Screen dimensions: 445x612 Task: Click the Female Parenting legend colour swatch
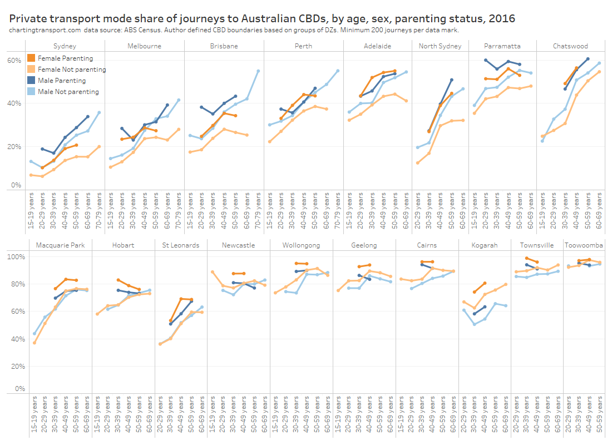tap(31, 58)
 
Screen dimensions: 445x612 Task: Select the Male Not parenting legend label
tap(68, 92)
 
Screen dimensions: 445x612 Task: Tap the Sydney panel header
tap(65, 46)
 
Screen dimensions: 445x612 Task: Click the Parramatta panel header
tap(502, 46)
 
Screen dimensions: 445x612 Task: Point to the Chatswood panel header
tap(570, 46)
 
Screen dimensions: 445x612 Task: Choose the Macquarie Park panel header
tap(60, 245)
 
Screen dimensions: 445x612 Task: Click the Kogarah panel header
tap(483, 245)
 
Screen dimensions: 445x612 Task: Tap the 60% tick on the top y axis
tap(14, 60)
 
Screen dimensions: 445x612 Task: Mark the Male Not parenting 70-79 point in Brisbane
tap(258, 71)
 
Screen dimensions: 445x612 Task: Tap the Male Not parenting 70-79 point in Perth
tap(338, 71)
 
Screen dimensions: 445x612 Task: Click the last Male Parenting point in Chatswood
tap(588, 59)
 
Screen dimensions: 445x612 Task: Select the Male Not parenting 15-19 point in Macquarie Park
tap(34, 334)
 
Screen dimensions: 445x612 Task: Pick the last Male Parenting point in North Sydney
tap(451, 80)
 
